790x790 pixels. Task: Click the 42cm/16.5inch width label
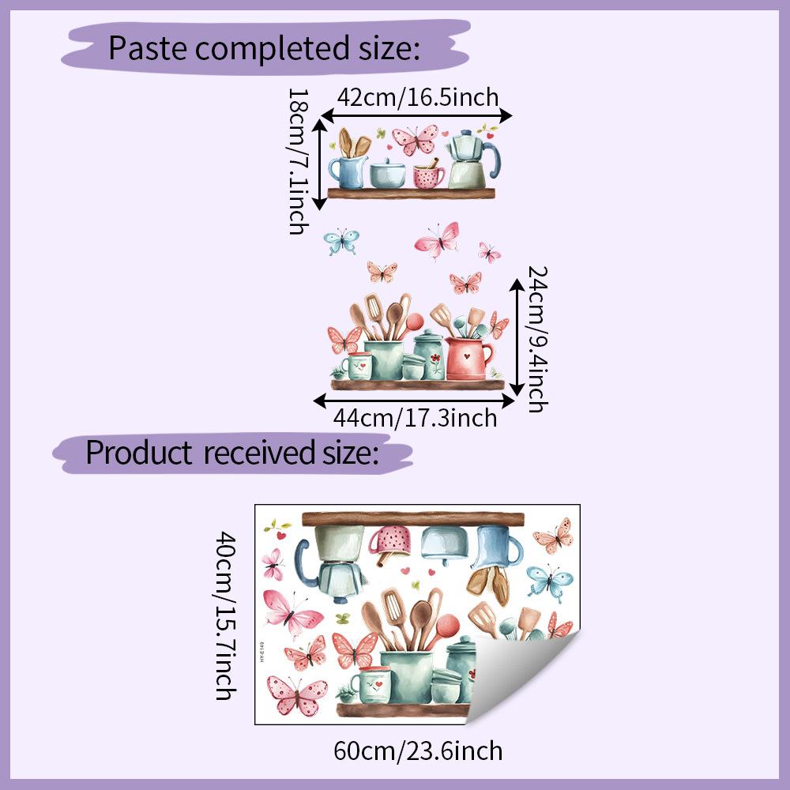[418, 97]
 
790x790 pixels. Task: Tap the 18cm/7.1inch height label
[299, 162]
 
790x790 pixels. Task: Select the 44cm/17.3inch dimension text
[416, 418]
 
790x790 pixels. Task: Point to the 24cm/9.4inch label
[537, 340]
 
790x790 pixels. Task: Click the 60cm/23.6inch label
[418, 750]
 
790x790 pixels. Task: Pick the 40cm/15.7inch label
[226, 615]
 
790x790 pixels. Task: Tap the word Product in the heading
[139, 453]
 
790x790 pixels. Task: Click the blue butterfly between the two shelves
[341, 241]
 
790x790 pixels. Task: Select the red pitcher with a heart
[468, 358]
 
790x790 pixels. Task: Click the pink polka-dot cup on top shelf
[429, 176]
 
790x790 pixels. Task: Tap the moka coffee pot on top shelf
[472, 160]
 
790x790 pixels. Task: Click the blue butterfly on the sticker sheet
[549, 582]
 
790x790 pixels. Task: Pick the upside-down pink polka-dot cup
[391, 542]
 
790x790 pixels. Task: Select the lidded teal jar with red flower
[430, 354]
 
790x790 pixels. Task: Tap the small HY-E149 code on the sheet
[262, 652]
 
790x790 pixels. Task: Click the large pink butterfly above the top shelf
[416, 140]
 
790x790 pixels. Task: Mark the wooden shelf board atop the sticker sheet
[412, 518]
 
